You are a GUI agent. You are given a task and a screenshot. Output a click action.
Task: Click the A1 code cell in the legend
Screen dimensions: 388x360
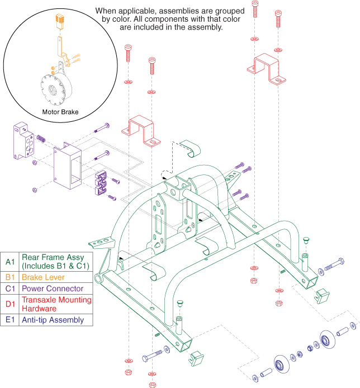pyautogui.click(x=10, y=261)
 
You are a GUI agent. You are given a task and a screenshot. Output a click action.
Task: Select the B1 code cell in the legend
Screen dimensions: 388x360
pyautogui.click(x=10, y=277)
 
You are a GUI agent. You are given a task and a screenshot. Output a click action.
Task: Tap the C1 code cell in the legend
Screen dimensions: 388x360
pyautogui.click(x=10, y=288)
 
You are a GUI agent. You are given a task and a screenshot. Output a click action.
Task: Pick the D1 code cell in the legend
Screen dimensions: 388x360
pyautogui.click(x=10, y=304)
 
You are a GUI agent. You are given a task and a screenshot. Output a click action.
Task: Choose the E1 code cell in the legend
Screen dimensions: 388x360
pyautogui.click(x=10, y=320)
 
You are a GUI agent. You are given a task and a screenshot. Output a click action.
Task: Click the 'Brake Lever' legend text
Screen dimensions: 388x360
pyautogui.click(x=43, y=277)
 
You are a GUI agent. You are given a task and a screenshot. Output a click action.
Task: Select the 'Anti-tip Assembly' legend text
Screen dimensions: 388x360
pyautogui.click(x=53, y=320)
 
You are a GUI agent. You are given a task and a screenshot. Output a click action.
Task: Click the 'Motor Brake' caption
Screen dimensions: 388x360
pyautogui.click(x=60, y=111)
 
